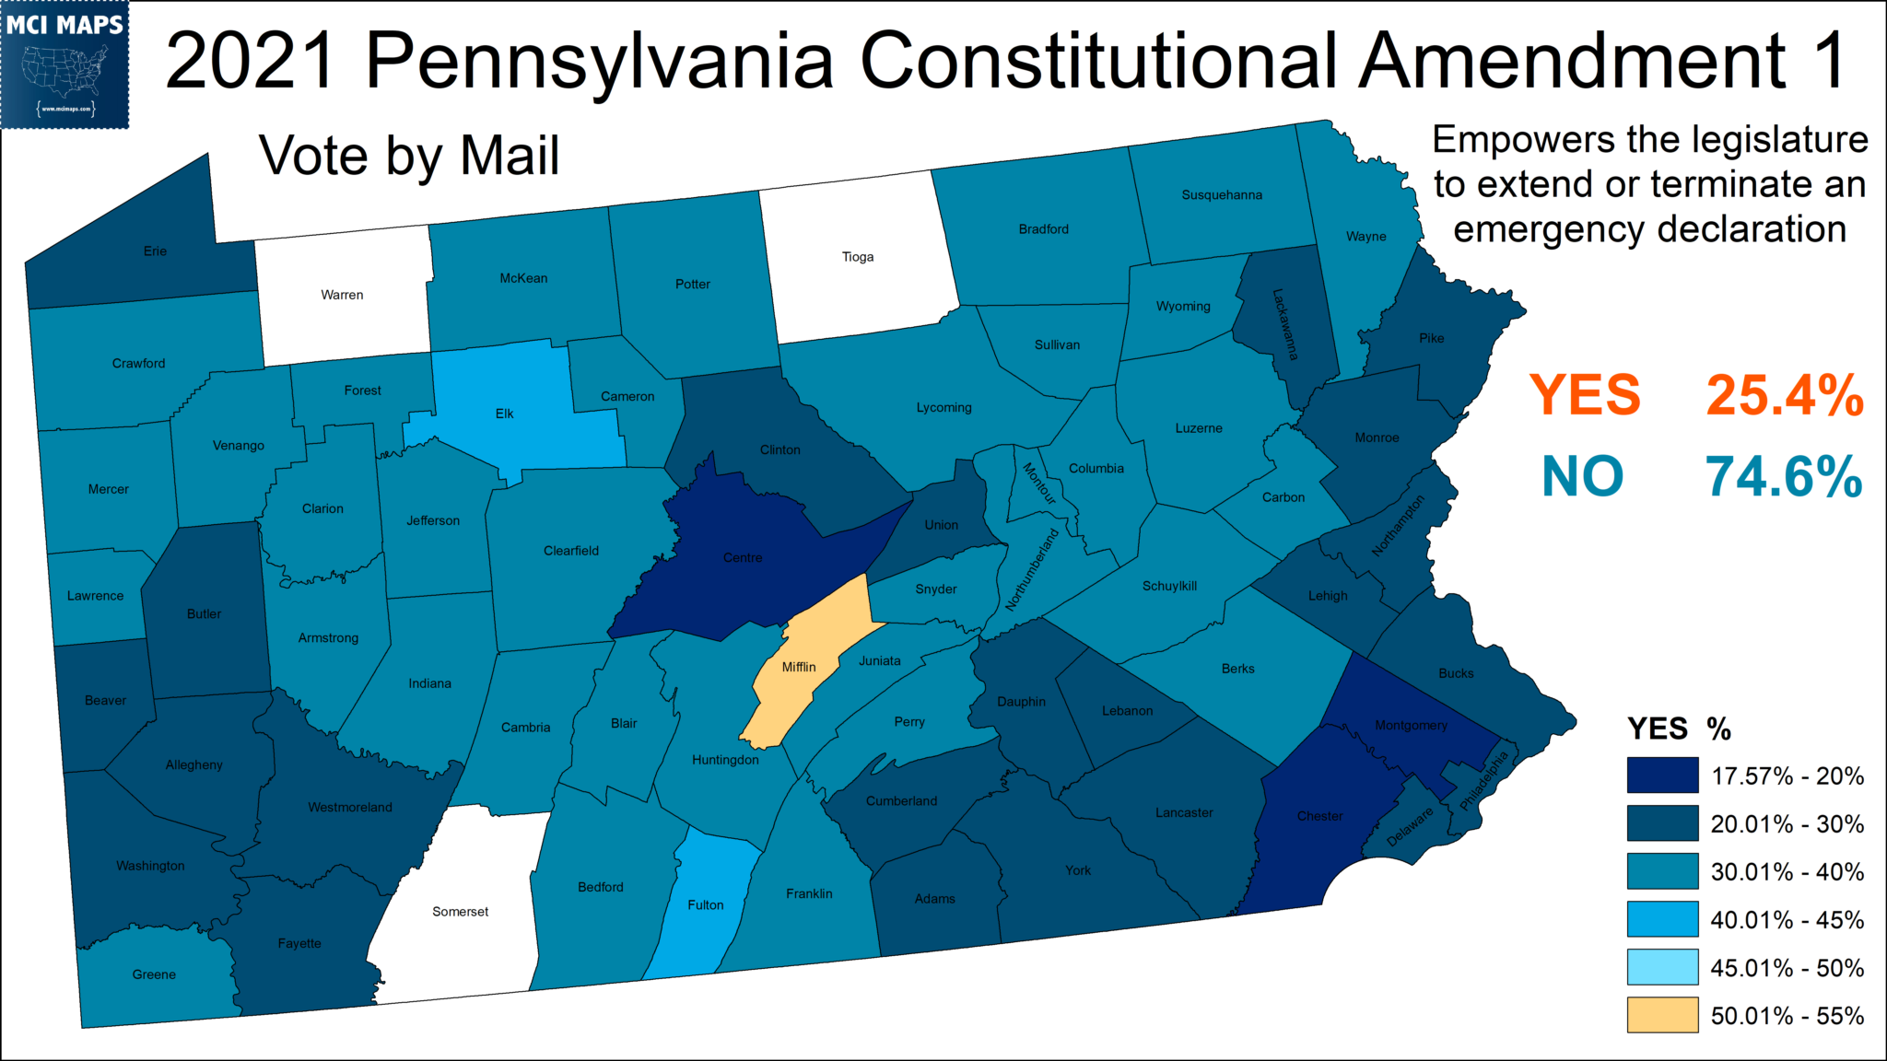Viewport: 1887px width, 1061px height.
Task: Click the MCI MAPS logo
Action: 64,64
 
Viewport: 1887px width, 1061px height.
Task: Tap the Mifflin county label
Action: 799,667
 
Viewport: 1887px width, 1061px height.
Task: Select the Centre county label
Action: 743,557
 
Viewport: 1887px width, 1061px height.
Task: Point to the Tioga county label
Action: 858,257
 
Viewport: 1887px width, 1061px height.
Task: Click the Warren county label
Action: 342,295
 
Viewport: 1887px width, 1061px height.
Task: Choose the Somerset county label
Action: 461,912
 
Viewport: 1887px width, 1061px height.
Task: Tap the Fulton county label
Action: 706,905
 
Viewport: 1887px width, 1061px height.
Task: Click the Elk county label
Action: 505,414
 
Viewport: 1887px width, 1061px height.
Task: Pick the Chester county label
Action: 1319,816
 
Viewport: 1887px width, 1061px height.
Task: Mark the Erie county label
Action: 155,251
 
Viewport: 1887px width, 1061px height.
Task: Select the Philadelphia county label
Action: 1484,780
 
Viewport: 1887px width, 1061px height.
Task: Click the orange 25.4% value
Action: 1785,396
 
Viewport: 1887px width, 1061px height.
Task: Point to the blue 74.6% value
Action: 1784,477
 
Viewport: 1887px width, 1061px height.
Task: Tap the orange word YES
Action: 1585,396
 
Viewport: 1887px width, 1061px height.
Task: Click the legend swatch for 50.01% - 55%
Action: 1662,1015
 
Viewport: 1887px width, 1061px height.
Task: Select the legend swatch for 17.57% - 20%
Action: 1662,775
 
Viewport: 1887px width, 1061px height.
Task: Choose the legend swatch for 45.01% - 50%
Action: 1662,967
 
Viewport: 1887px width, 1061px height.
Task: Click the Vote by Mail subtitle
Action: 409,157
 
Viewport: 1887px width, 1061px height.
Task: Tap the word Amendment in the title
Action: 1570,61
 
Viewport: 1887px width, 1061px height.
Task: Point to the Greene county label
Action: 154,974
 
